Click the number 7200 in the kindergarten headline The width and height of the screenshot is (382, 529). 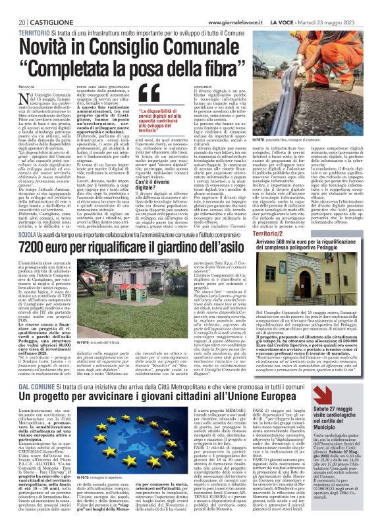[37, 246]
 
